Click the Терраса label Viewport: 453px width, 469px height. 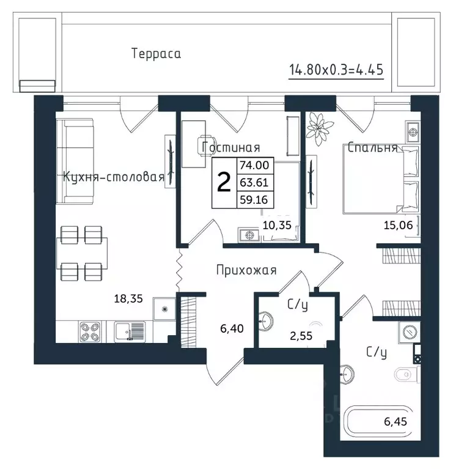tap(156, 54)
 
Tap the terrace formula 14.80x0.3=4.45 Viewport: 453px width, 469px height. tap(336, 70)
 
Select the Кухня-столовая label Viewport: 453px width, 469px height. tap(114, 177)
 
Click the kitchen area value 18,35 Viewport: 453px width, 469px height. tap(128, 298)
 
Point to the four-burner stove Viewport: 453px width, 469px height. tap(90, 332)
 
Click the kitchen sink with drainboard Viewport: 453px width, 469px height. tap(130, 331)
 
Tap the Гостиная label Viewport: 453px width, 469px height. tap(231, 147)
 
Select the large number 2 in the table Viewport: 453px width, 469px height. tap(224, 183)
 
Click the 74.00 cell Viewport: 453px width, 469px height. tap(254, 165)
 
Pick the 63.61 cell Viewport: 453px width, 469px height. tap(254, 182)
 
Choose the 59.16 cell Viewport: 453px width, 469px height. tap(254, 199)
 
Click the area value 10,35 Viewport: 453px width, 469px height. tap(277, 225)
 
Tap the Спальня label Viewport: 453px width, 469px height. tap(372, 148)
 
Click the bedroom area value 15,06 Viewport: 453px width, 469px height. tap(398, 225)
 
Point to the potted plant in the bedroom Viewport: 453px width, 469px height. tap(320, 128)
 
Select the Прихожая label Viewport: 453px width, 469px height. tap(246, 270)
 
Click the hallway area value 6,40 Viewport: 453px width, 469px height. tap(232, 329)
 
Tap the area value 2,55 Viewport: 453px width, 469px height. tap(301, 336)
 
